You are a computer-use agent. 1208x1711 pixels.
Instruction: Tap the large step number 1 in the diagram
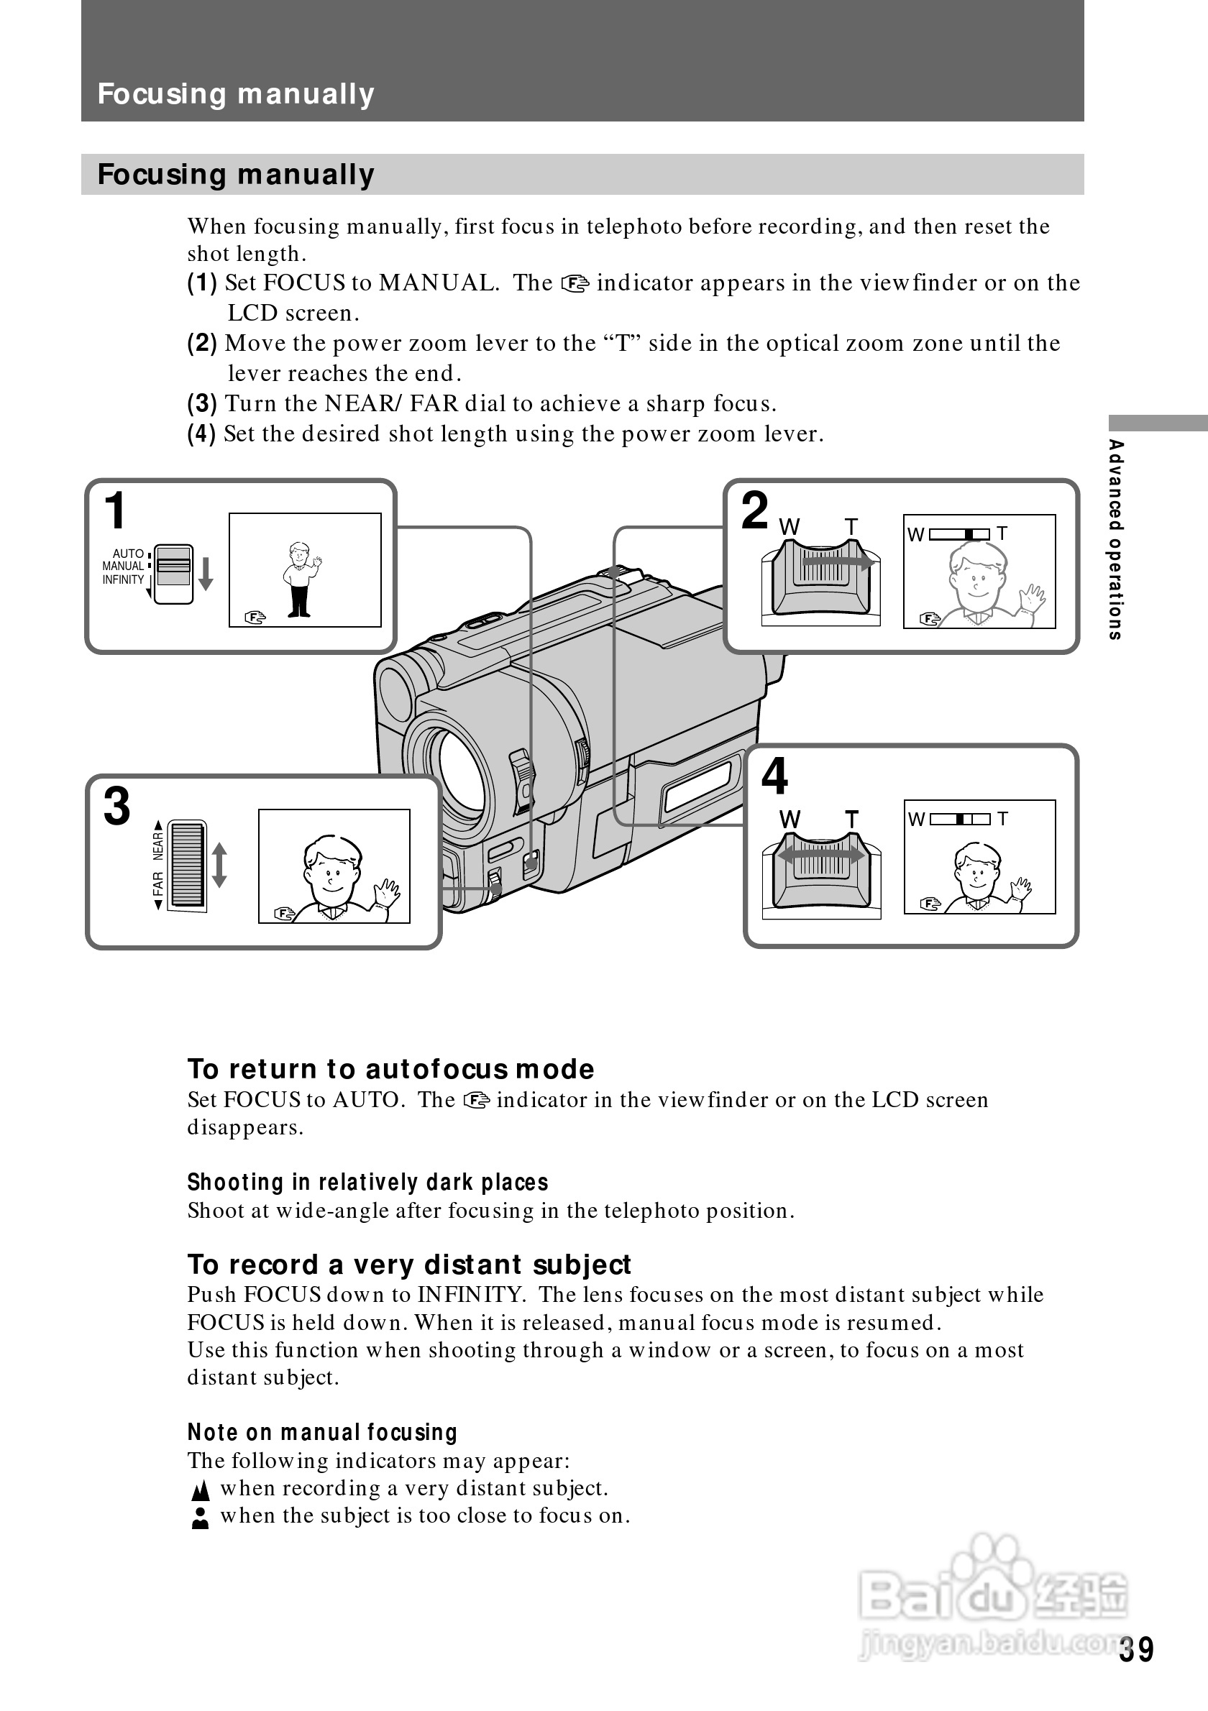[x=116, y=511]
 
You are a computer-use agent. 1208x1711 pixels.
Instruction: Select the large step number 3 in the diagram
[x=117, y=807]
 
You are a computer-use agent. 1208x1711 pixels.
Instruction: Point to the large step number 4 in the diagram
[x=774, y=776]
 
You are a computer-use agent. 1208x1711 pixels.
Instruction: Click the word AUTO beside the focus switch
[x=127, y=554]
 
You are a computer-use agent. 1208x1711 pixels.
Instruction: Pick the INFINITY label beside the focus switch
[x=123, y=579]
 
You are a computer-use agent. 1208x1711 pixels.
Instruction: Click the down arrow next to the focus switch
[x=206, y=573]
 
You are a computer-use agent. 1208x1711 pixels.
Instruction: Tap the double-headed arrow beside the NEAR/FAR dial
[x=219, y=865]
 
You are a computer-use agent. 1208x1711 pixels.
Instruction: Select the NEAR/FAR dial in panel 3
[x=187, y=865]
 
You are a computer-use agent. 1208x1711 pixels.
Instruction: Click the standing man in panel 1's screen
[x=300, y=579]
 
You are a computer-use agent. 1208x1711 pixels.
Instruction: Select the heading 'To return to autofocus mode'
[x=390, y=1070]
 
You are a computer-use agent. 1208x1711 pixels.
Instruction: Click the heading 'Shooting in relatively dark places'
[x=367, y=1183]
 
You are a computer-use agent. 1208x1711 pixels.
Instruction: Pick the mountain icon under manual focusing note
[x=200, y=1490]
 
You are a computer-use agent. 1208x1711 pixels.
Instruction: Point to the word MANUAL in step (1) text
[x=437, y=283]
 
